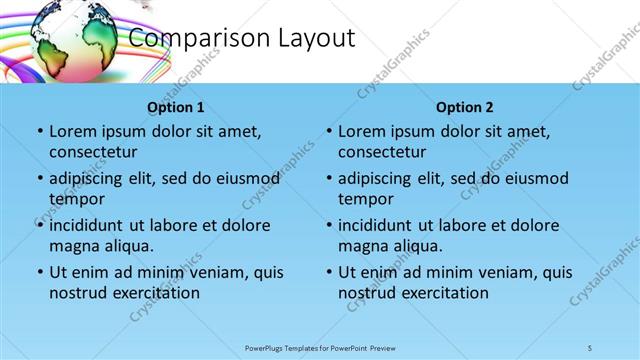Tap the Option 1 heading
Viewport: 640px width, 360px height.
click(x=176, y=107)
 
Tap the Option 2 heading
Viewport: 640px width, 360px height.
click(x=465, y=107)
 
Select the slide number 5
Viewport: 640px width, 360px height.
click(x=591, y=347)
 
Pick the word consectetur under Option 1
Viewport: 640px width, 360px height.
click(x=93, y=152)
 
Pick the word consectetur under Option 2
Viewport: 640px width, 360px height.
click(x=382, y=152)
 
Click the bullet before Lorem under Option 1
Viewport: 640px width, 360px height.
click(x=39, y=132)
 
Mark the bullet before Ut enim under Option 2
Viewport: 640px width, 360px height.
click(x=328, y=272)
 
